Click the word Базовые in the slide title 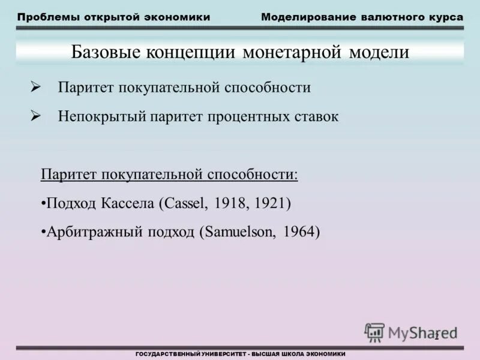point(103,52)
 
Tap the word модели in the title point(377,52)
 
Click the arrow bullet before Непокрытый point(35,116)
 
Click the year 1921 point(271,203)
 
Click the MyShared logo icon point(374,332)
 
